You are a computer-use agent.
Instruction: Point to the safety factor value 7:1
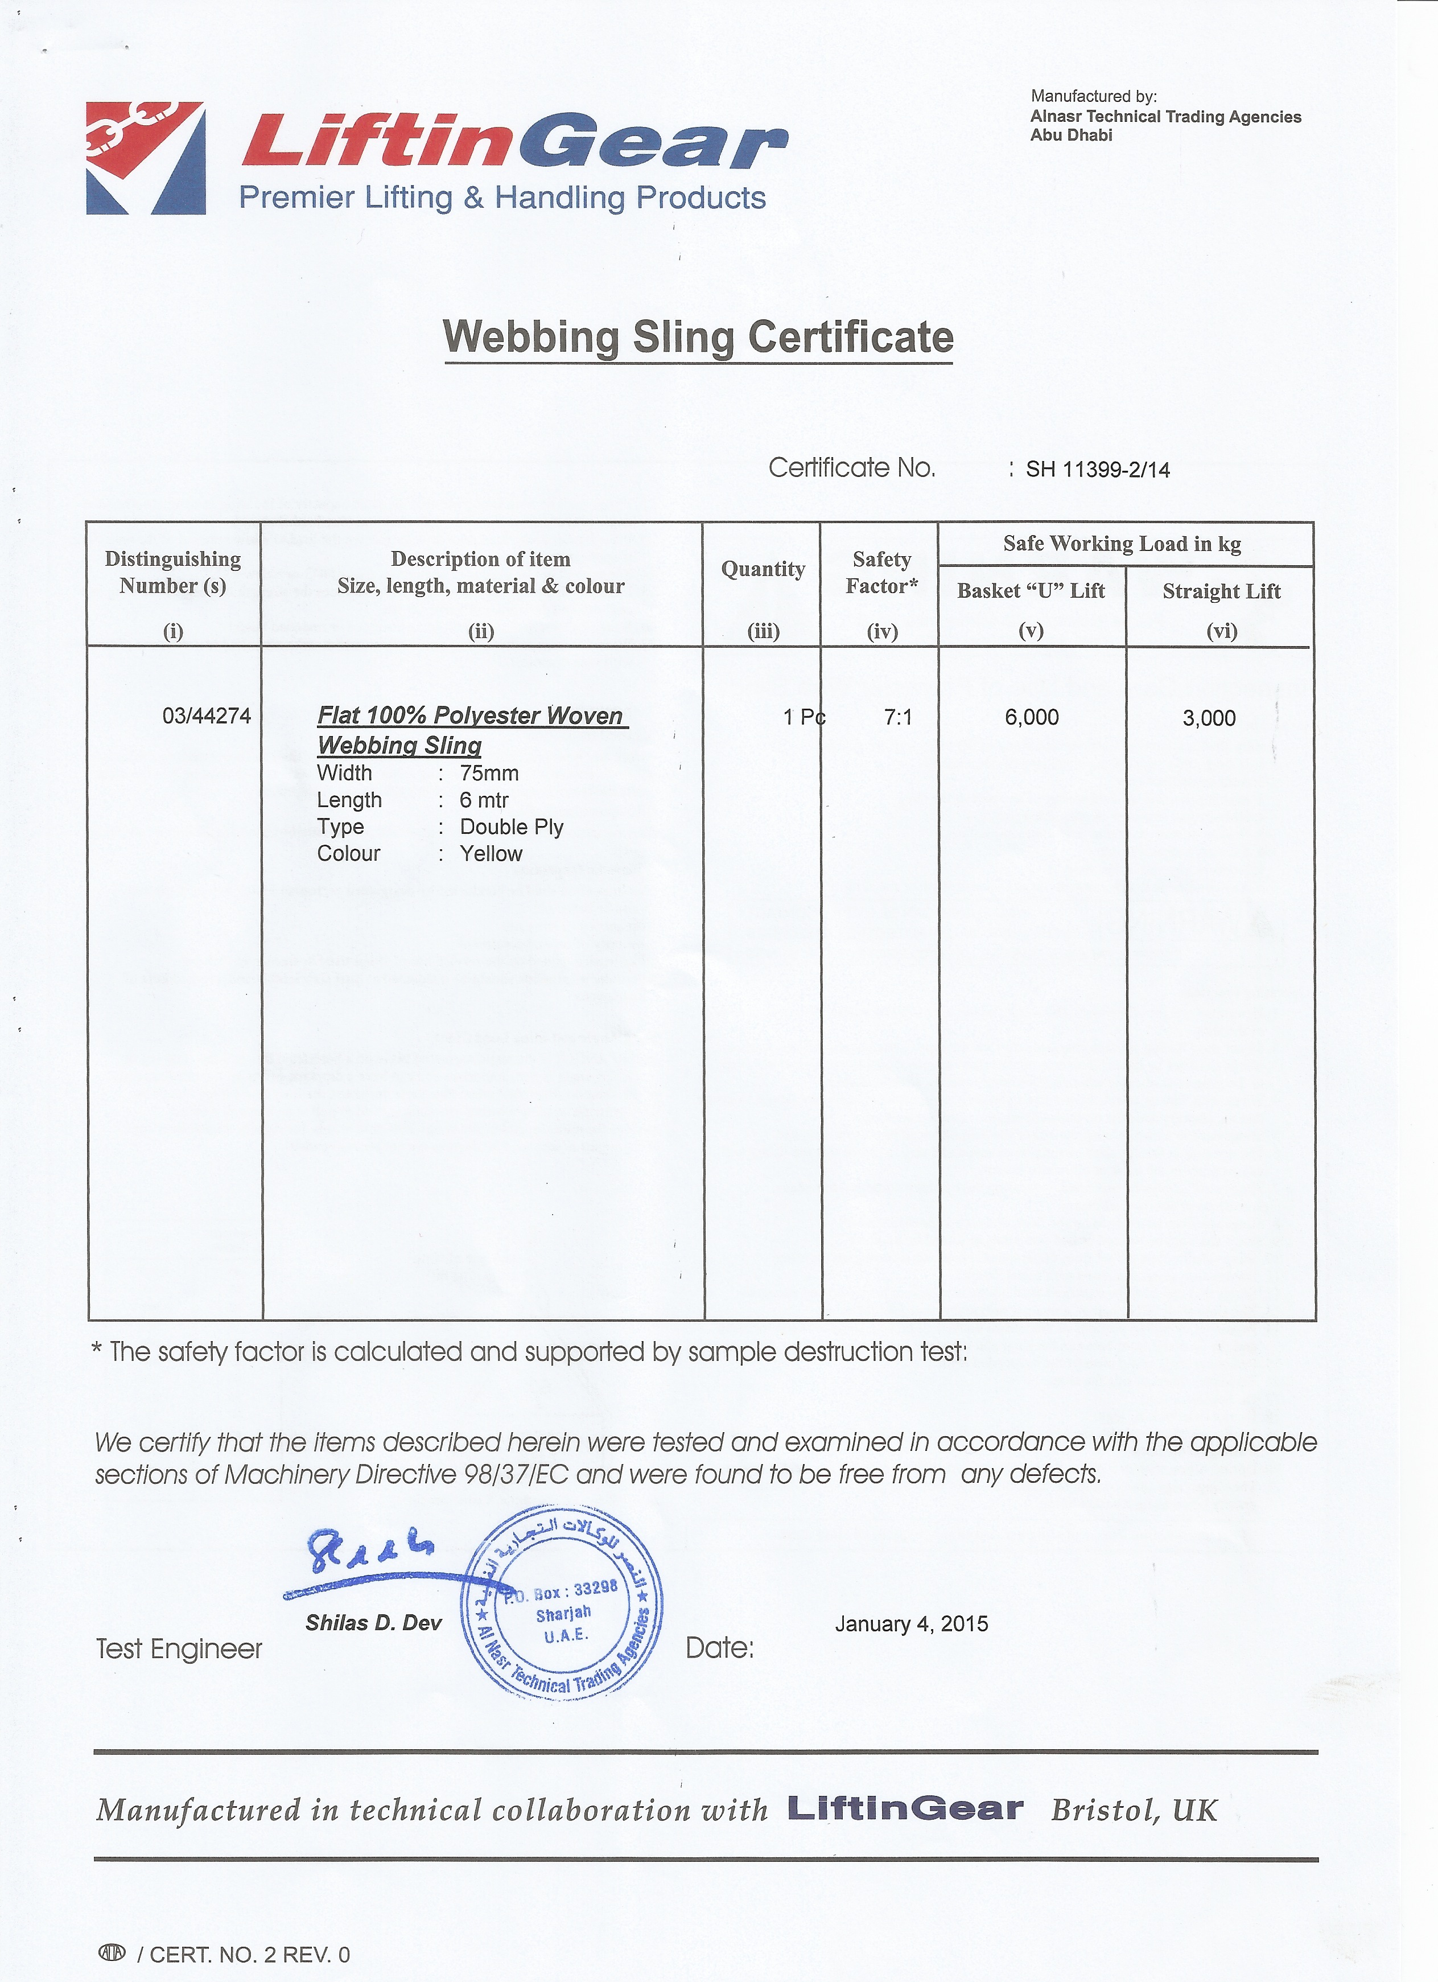tap(897, 717)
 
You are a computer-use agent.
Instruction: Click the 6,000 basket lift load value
tap(1031, 717)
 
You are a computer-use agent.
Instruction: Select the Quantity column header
tap(763, 570)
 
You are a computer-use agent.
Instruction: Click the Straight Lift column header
tap(1221, 591)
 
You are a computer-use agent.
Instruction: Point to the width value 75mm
tap(489, 774)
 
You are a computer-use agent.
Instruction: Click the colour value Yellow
tap(491, 854)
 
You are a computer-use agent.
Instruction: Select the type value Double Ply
tap(511, 826)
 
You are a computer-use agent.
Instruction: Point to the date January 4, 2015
tap(911, 1624)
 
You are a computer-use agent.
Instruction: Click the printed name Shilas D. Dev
tap(373, 1623)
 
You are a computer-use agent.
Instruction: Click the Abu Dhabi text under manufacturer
tap(1071, 135)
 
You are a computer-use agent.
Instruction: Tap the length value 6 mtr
tap(484, 800)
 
